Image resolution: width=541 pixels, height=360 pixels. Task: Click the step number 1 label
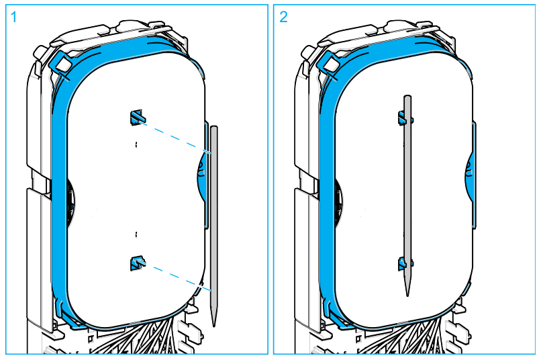13,17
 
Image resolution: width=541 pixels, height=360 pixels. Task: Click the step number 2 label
284,17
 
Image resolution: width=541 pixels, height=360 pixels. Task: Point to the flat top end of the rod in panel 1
213,127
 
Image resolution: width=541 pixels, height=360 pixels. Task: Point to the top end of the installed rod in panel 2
407,98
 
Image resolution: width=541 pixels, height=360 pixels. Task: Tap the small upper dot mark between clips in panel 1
136,144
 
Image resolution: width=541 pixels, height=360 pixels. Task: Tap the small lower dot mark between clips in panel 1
136,234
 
